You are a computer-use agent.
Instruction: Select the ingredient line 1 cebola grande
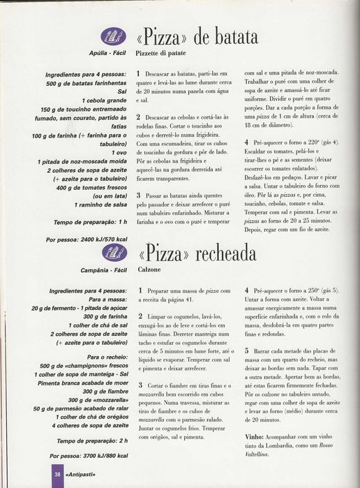[102, 101]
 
